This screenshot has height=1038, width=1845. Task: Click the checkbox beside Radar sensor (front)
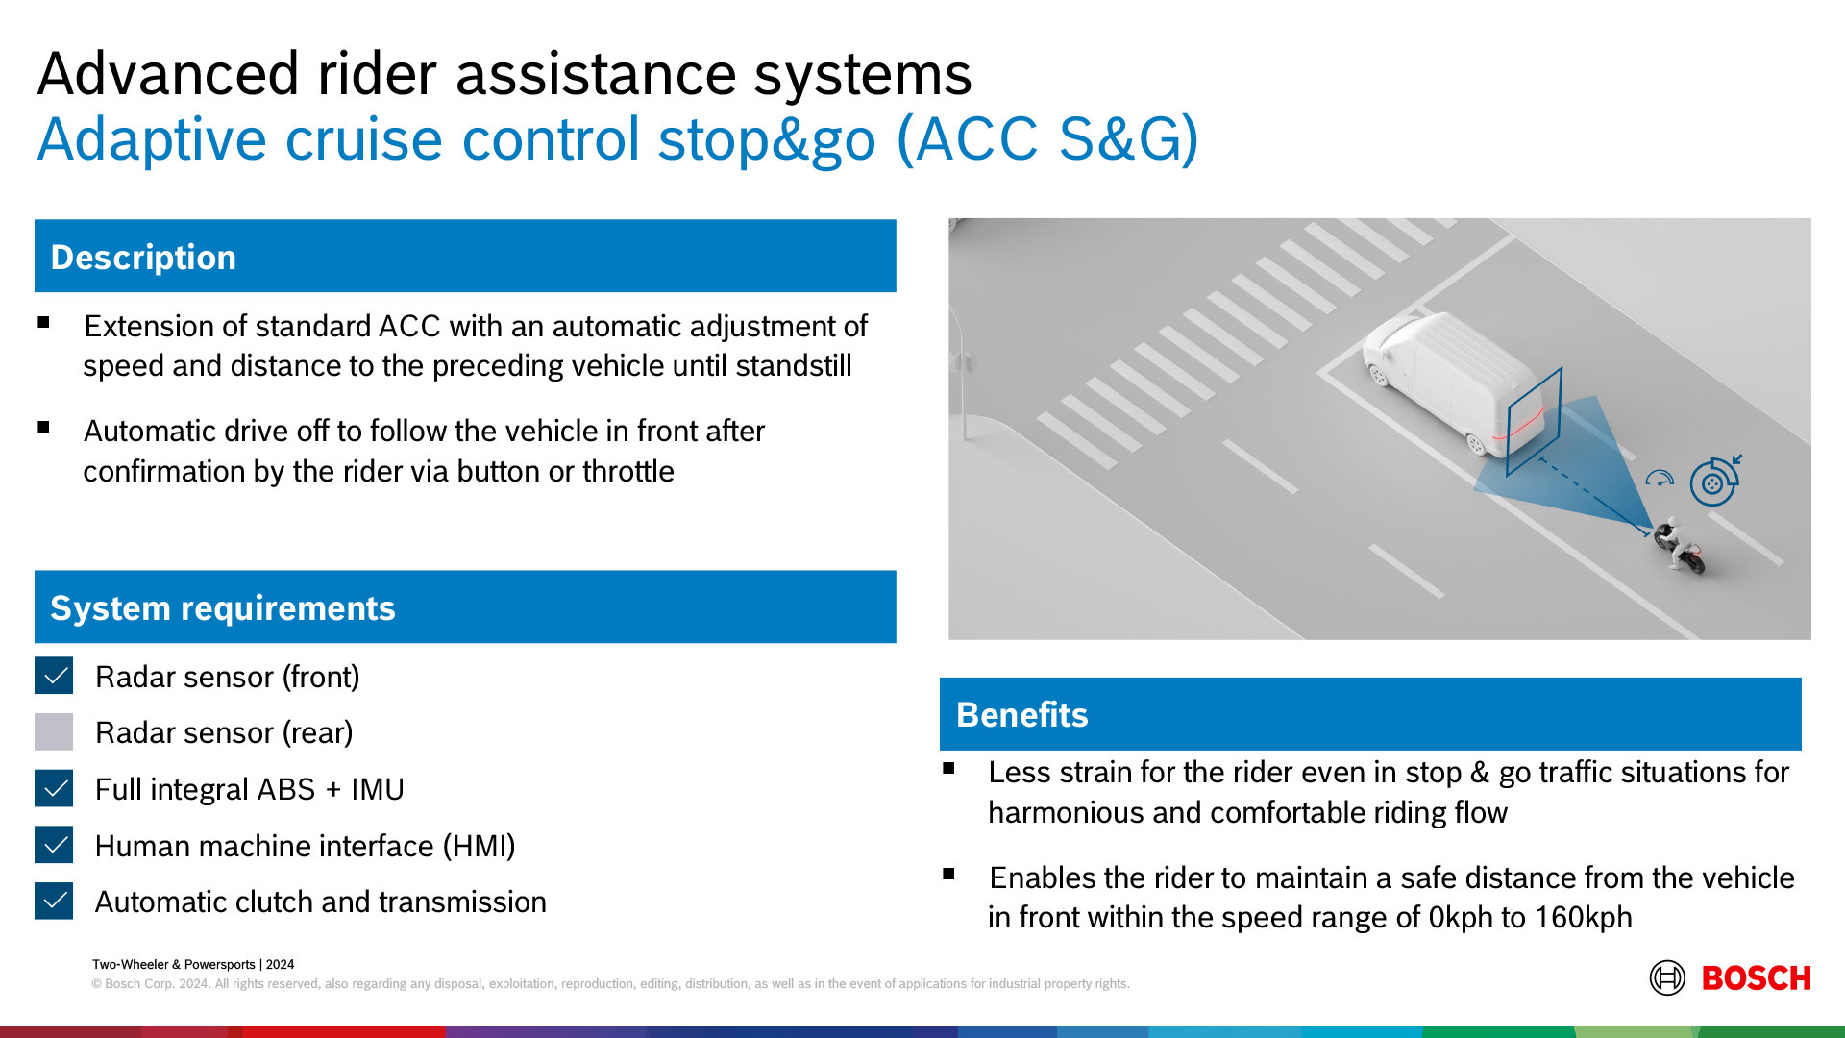(x=54, y=676)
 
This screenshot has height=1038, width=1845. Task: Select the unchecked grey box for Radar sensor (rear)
(x=54, y=731)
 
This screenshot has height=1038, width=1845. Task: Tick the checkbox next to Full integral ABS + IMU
(x=54, y=788)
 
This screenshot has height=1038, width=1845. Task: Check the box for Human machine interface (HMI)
(x=54, y=845)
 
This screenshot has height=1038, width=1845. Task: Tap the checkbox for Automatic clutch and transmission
(x=54, y=901)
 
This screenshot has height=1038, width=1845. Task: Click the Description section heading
(x=143, y=258)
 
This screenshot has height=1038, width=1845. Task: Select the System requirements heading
(x=223, y=608)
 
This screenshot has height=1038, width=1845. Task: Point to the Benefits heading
(x=1022, y=715)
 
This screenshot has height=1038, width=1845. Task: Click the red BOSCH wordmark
(x=1756, y=978)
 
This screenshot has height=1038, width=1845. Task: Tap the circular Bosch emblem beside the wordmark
(x=1667, y=978)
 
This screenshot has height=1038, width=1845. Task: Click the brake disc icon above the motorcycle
(x=1713, y=482)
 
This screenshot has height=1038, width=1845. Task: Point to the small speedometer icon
(x=1660, y=478)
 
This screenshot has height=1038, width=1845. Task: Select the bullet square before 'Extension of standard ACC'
(x=43, y=323)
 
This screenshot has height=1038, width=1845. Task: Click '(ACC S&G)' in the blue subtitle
(x=1047, y=139)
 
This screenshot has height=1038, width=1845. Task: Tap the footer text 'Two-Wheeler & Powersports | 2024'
(x=193, y=964)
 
